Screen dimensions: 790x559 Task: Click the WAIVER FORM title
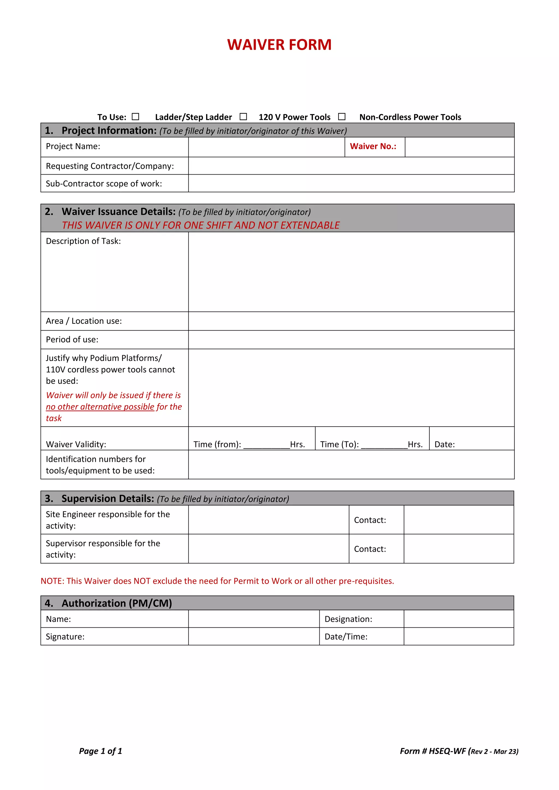279,45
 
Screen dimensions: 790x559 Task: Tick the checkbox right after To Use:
136,117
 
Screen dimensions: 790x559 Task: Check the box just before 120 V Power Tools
243,117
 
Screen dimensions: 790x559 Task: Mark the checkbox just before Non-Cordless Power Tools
341,117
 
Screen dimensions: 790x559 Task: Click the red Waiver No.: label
373,146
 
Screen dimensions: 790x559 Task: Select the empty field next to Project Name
266,147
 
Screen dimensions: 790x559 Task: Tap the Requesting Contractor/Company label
110,166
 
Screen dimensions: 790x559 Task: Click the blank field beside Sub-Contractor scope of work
351,183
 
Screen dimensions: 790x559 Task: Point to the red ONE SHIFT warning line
201,225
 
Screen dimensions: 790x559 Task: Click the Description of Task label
83,241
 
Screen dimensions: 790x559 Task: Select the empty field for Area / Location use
351,321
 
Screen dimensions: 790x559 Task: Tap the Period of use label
72,340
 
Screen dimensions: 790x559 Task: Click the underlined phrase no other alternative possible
100,407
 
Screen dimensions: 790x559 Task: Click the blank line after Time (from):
266,445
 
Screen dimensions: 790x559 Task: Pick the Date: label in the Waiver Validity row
444,445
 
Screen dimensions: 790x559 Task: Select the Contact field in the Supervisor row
459,549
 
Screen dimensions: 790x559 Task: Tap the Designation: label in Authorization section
348,619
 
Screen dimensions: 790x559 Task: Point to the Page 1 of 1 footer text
100,751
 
